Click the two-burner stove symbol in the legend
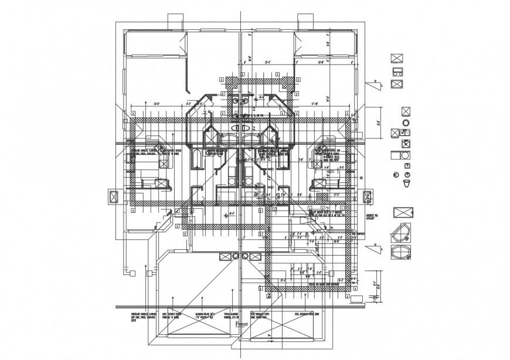point(397,72)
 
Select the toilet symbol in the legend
point(407,185)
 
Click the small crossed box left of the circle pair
point(224,256)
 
